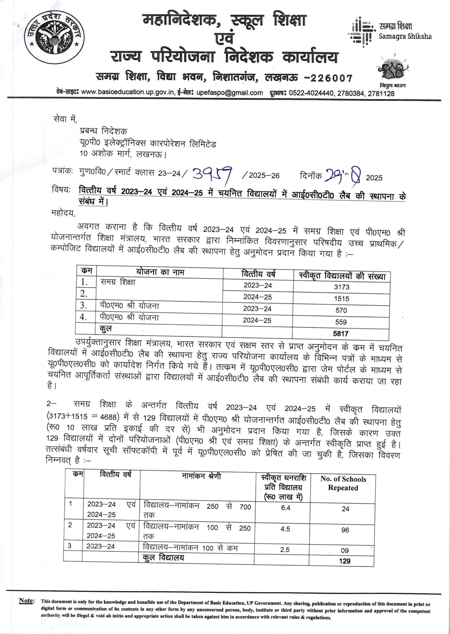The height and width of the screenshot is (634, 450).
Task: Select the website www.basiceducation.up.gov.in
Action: tap(128, 93)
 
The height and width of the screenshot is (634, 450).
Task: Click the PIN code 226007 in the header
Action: tap(331, 79)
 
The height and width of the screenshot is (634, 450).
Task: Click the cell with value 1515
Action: tap(341, 299)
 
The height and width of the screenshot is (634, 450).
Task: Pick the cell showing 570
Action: tap(341, 310)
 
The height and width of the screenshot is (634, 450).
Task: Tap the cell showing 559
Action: tap(341, 322)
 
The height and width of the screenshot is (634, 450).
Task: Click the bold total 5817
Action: tap(341, 334)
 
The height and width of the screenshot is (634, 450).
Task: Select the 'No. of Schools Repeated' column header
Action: tap(343, 483)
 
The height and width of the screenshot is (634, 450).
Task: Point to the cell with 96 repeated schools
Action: tap(345, 530)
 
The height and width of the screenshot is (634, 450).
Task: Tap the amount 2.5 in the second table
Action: tap(285, 550)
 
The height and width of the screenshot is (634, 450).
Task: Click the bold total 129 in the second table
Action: tap(345, 561)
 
